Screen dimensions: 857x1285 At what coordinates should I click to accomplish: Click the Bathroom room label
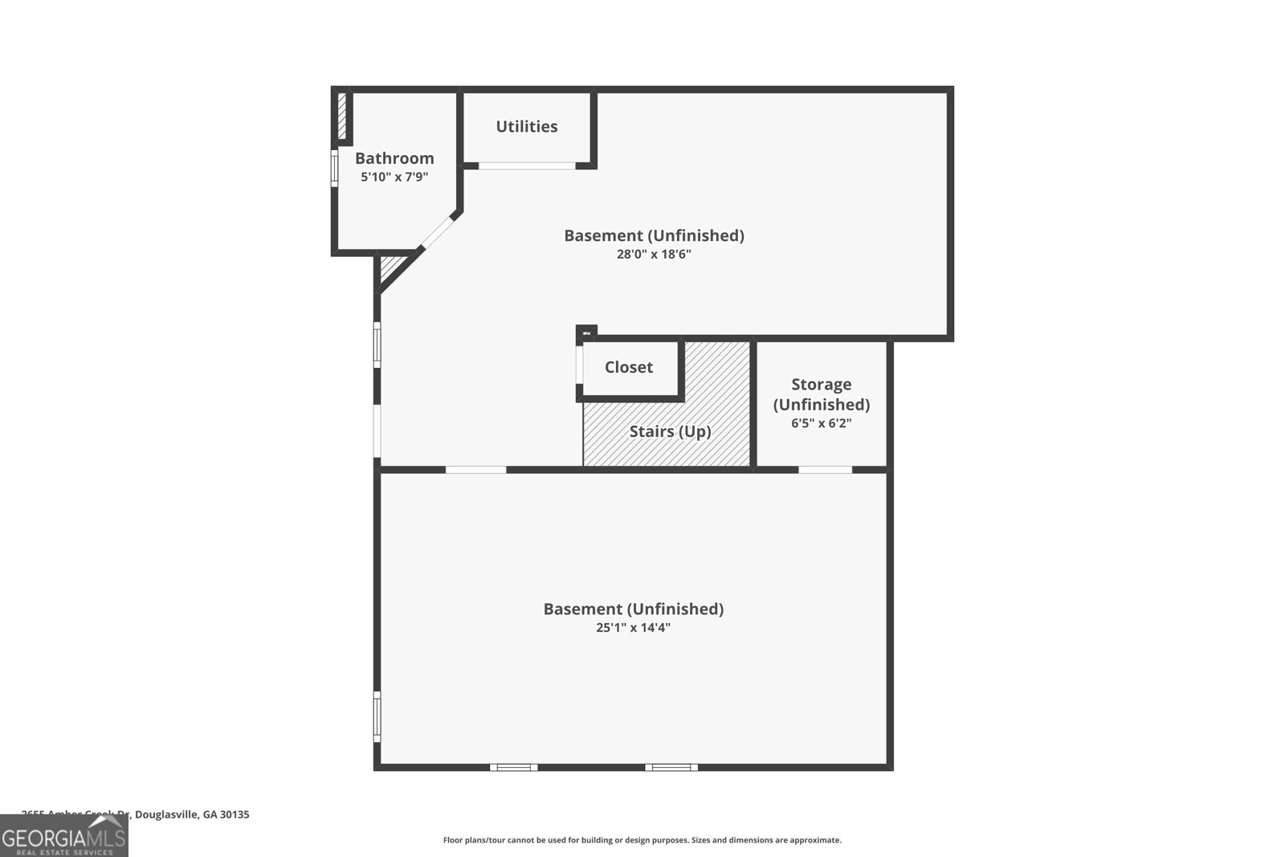coord(394,158)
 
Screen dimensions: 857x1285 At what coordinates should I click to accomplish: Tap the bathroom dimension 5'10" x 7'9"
coord(394,177)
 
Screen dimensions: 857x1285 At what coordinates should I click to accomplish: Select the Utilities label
coord(527,126)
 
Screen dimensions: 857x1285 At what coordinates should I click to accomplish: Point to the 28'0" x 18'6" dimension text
coord(654,254)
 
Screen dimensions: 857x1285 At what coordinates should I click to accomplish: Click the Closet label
coord(629,367)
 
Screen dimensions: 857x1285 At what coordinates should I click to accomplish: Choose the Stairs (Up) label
coord(670,431)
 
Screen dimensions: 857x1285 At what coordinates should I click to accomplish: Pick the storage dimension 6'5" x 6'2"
coord(821,422)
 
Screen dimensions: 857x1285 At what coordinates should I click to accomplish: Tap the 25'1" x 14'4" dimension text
coord(633,627)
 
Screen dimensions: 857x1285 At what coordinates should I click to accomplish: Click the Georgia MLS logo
coord(63,836)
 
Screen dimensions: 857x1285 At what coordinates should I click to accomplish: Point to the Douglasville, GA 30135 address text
coord(192,814)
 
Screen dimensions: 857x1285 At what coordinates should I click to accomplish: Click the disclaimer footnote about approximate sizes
coord(642,840)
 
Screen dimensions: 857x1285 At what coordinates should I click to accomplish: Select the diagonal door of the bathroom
coord(438,233)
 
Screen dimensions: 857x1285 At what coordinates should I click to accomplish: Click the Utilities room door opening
coord(527,166)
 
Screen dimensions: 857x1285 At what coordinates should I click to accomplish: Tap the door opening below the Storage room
coord(825,469)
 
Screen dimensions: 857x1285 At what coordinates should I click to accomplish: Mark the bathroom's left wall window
coord(335,169)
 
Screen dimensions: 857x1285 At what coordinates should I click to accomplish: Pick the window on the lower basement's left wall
coord(377,716)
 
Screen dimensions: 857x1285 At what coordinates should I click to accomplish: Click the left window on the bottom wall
coord(514,767)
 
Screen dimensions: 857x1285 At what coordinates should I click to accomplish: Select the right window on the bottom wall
coord(671,767)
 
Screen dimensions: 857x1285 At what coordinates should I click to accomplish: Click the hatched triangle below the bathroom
coord(391,267)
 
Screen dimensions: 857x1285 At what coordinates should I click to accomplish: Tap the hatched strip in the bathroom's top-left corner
coord(341,116)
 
